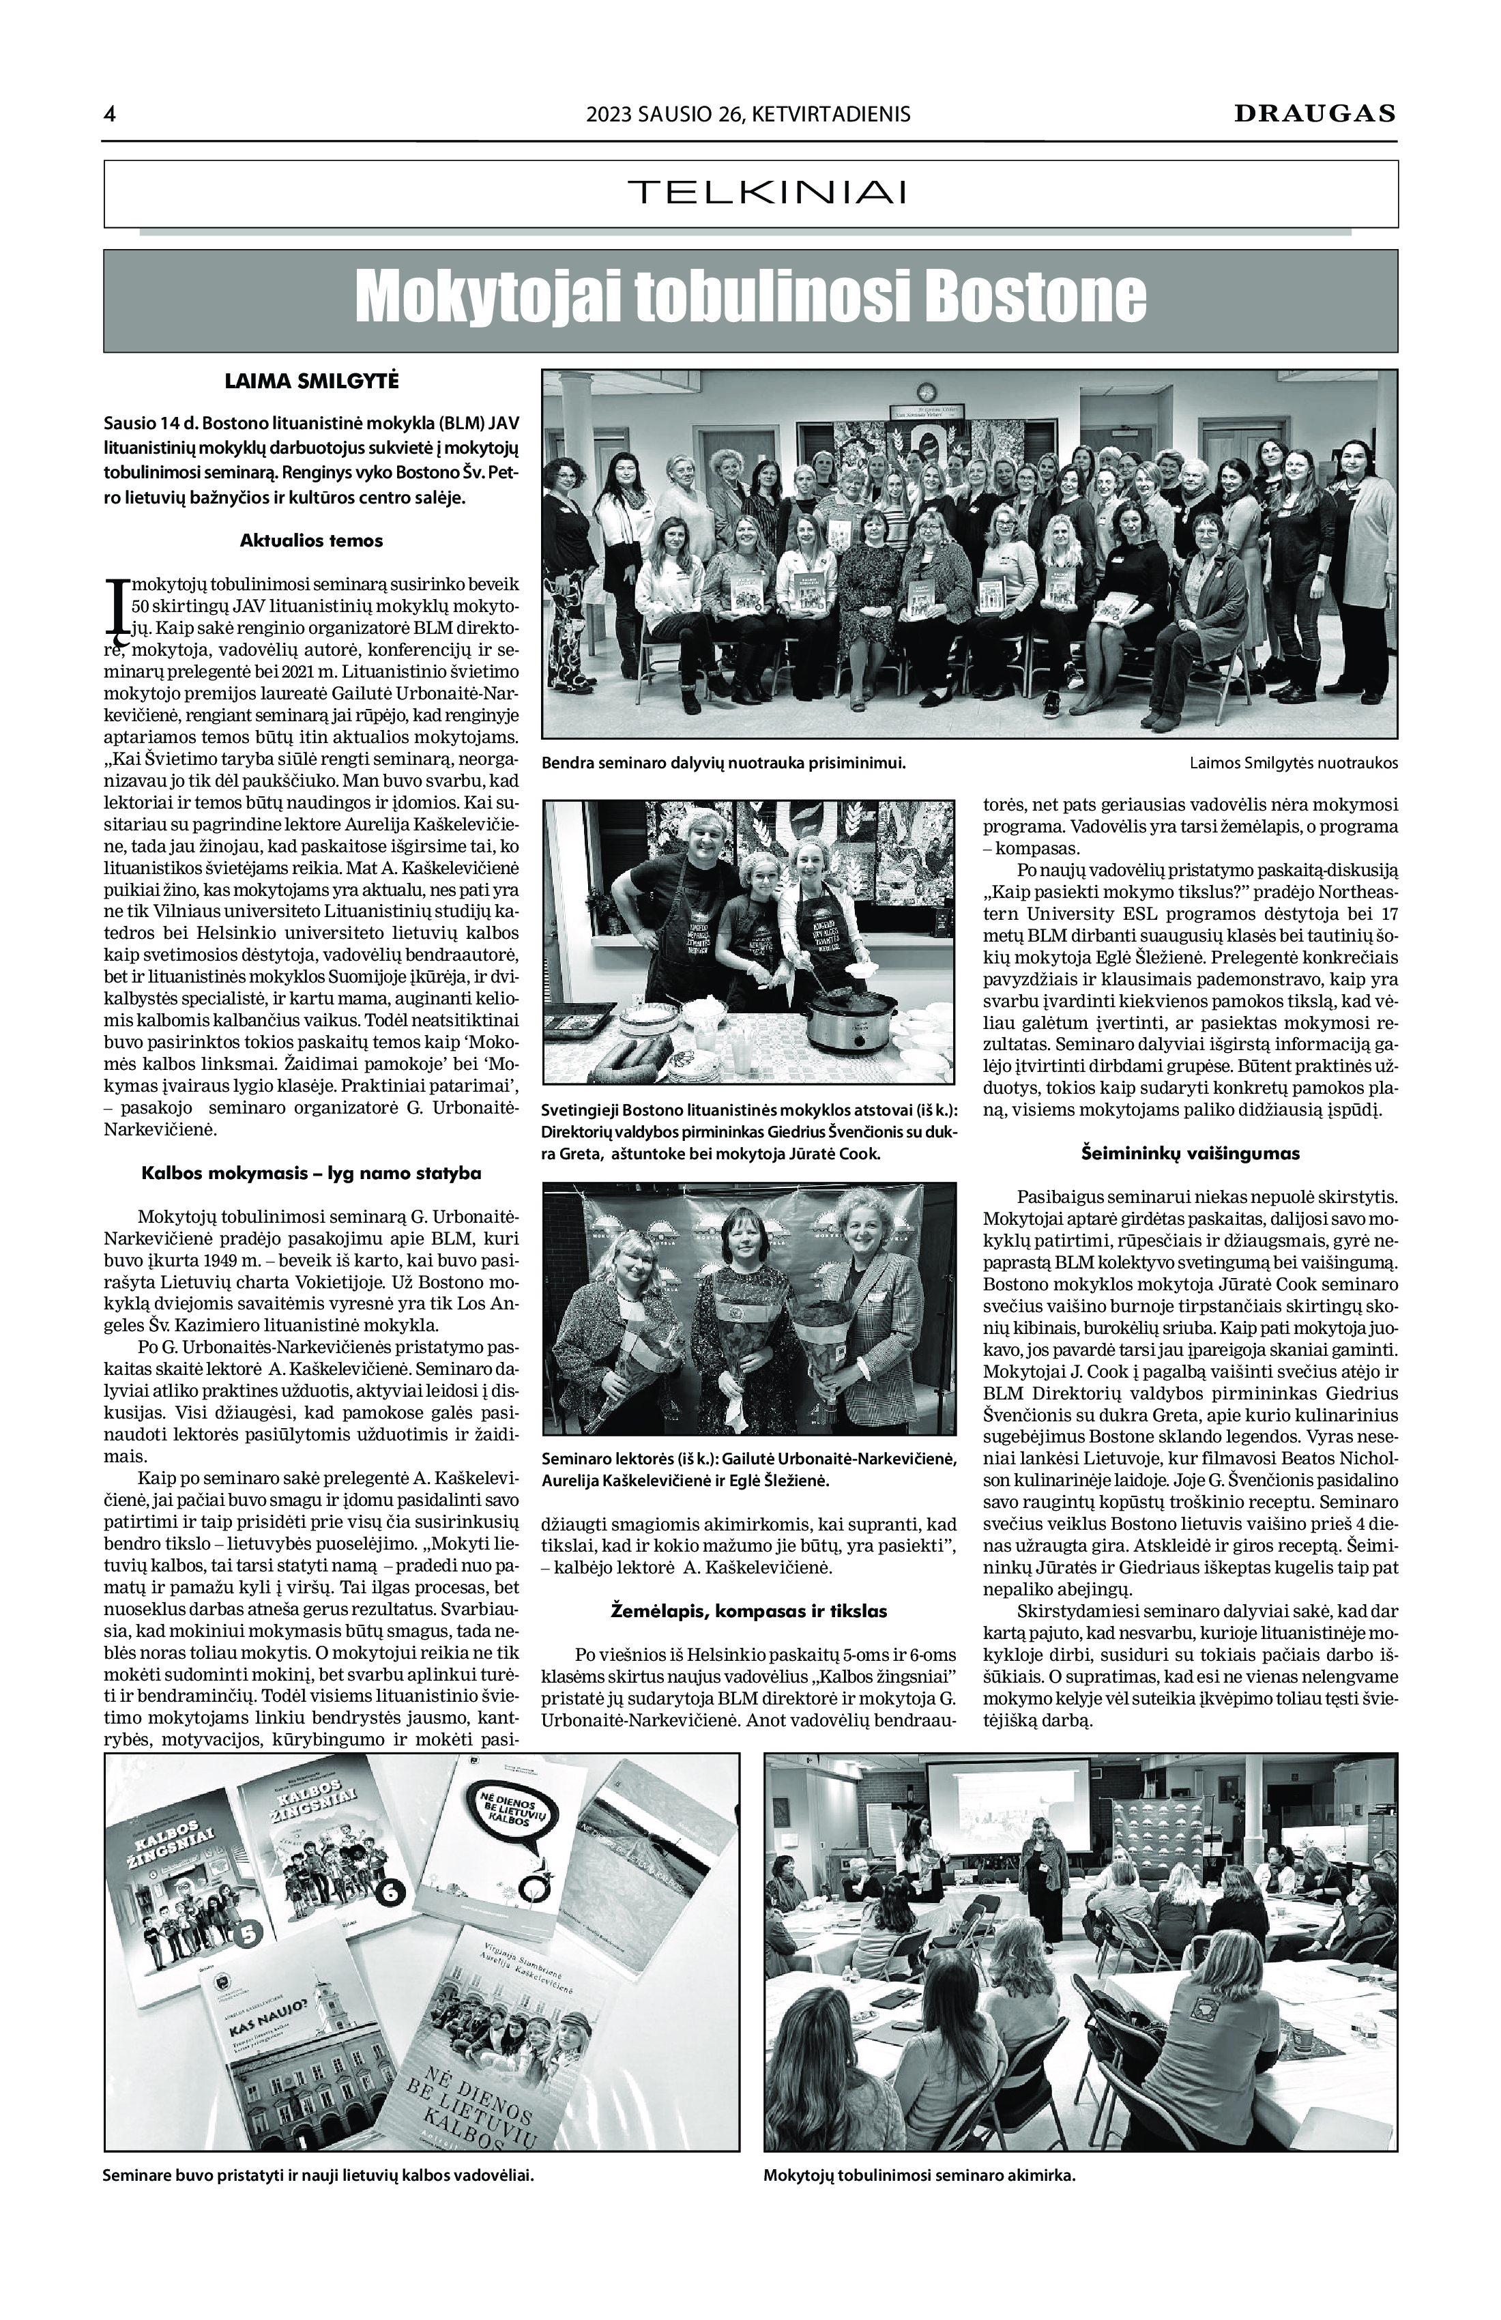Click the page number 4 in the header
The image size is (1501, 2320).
[109, 114]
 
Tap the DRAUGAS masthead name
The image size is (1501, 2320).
[1315, 113]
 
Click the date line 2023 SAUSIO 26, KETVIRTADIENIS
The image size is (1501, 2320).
[748, 114]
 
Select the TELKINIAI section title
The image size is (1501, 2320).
[767, 192]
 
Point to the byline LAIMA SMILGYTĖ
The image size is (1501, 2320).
[311, 381]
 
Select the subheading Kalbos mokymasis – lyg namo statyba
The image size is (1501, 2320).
[311, 1173]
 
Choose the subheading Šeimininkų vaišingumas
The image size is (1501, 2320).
[1190, 1153]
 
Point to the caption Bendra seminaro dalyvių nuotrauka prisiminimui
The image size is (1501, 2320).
[723, 764]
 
